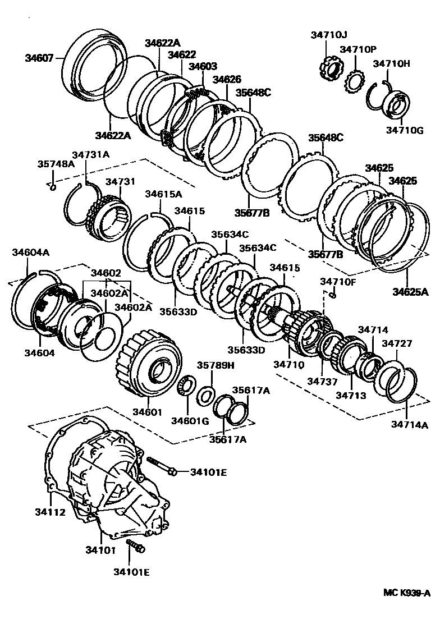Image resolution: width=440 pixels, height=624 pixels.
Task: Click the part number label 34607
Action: tap(39, 57)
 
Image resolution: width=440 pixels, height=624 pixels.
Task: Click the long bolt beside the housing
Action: tap(162, 466)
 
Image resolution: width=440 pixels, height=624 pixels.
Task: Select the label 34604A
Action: tap(30, 253)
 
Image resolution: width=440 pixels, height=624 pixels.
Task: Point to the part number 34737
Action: tap(322, 381)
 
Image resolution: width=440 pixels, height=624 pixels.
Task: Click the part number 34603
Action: tap(203, 66)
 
